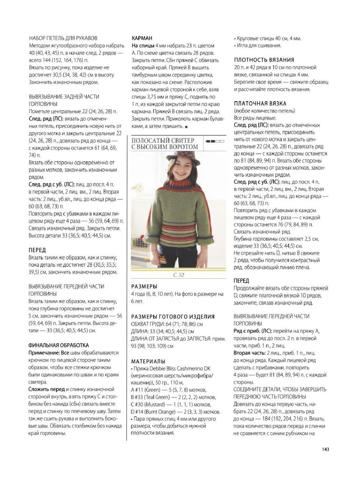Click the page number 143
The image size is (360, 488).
point(325,449)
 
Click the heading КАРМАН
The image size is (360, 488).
point(142,38)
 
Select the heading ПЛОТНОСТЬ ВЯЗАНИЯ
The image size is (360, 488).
point(264,60)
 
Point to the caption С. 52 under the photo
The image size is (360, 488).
point(179,275)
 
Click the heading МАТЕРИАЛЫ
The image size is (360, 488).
point(148,361)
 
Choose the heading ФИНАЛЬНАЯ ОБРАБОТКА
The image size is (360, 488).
point(59,345)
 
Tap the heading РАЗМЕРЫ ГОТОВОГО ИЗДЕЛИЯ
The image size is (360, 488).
point(173,316)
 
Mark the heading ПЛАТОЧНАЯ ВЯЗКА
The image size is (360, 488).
point(260,103)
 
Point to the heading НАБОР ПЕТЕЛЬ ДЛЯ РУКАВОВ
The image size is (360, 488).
point(63,38)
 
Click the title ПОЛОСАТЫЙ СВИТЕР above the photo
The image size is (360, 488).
point(163,141)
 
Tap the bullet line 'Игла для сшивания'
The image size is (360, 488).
point(259,45)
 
